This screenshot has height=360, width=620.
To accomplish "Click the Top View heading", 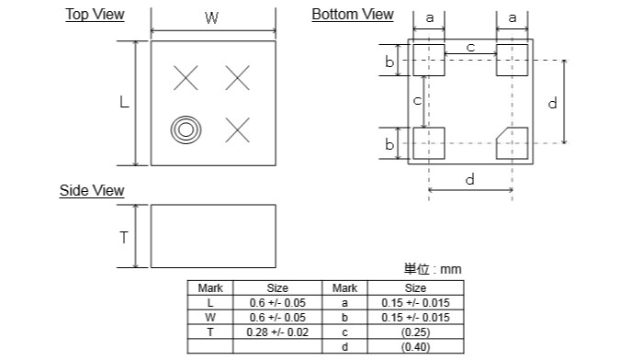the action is point(95,15).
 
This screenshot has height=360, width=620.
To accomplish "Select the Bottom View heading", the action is point(353,15).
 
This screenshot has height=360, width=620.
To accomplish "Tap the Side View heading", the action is point(92,190).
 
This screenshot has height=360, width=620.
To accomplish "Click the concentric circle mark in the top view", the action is point(186,129).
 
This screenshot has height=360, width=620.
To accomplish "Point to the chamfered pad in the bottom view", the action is point(512,143).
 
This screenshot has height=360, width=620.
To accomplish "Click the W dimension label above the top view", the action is point(211,18).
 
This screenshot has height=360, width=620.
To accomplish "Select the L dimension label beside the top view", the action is point(124,102).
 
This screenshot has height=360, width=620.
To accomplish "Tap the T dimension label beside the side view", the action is point(124,238).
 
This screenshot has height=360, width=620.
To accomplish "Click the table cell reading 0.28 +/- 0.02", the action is point(277,332).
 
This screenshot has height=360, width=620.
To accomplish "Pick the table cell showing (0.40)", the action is point(415,346).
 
